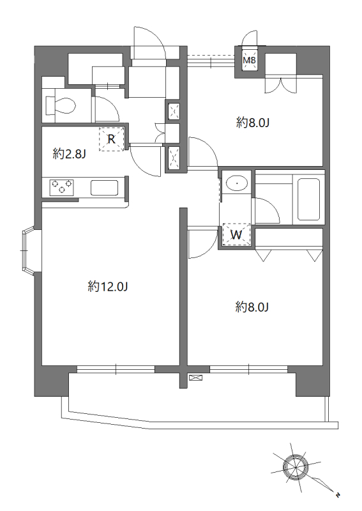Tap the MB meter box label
(x=250, y=60)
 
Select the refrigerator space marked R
(x=112, y=139)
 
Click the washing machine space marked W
(x=236, y=234)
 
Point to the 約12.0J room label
(x=107, y=287)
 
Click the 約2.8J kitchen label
(x=69, y=154)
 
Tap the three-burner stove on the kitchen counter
(x=61, y=188)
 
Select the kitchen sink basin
(x=104, y=188)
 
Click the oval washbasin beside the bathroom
(x=237, y=184)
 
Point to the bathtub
(x=308, y=199)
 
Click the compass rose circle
(x=296, y=468)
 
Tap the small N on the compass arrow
(x=338, y=494)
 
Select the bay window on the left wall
(x=29, y=250)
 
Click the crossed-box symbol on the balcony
(x=195, y=378)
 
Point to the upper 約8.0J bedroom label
(x=253, y=123)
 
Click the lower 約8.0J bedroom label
(x=252, y=307)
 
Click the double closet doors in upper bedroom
(x=280, y=84)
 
